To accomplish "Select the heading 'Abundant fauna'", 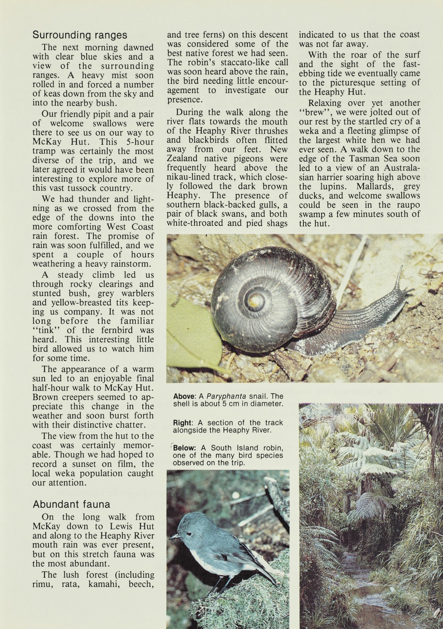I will click(x=71, y=505).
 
